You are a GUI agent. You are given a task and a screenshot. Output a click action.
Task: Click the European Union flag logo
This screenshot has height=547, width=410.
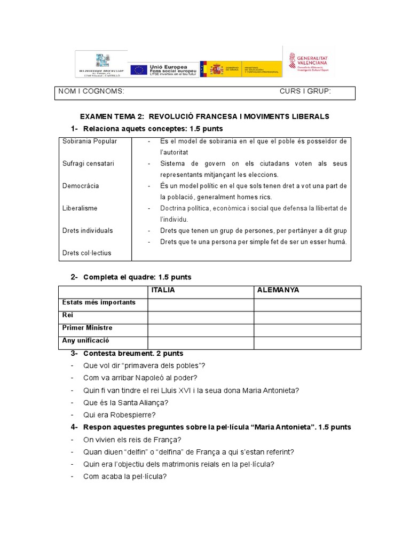[x=139, y=69]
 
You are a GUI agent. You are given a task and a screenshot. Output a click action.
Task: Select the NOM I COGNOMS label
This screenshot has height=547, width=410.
[x=91, y=91]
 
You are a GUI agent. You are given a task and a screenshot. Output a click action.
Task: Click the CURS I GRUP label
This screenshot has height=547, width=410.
[x=305, y=91]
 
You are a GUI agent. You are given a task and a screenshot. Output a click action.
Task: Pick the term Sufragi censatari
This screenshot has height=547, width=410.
[x=88, y=163]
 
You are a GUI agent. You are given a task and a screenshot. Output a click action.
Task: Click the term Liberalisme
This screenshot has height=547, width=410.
[x=80, y=208]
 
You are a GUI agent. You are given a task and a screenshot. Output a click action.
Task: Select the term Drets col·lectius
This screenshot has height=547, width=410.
[x=87, y=253]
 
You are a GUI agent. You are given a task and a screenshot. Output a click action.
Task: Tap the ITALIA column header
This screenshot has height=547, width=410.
[x=163, y=290]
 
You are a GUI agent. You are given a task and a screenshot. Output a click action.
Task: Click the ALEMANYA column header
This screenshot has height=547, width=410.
[x=278, y=290]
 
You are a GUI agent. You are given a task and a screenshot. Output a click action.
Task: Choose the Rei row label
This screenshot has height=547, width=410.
[x=68, y=315]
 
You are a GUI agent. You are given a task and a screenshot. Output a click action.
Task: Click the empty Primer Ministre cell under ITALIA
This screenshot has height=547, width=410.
[x=201, y=328]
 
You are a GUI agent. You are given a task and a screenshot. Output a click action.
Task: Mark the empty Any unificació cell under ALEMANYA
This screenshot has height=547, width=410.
[x=307, y=341]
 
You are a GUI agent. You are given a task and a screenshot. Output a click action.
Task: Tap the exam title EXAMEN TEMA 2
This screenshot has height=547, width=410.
[x=112, y=116]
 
